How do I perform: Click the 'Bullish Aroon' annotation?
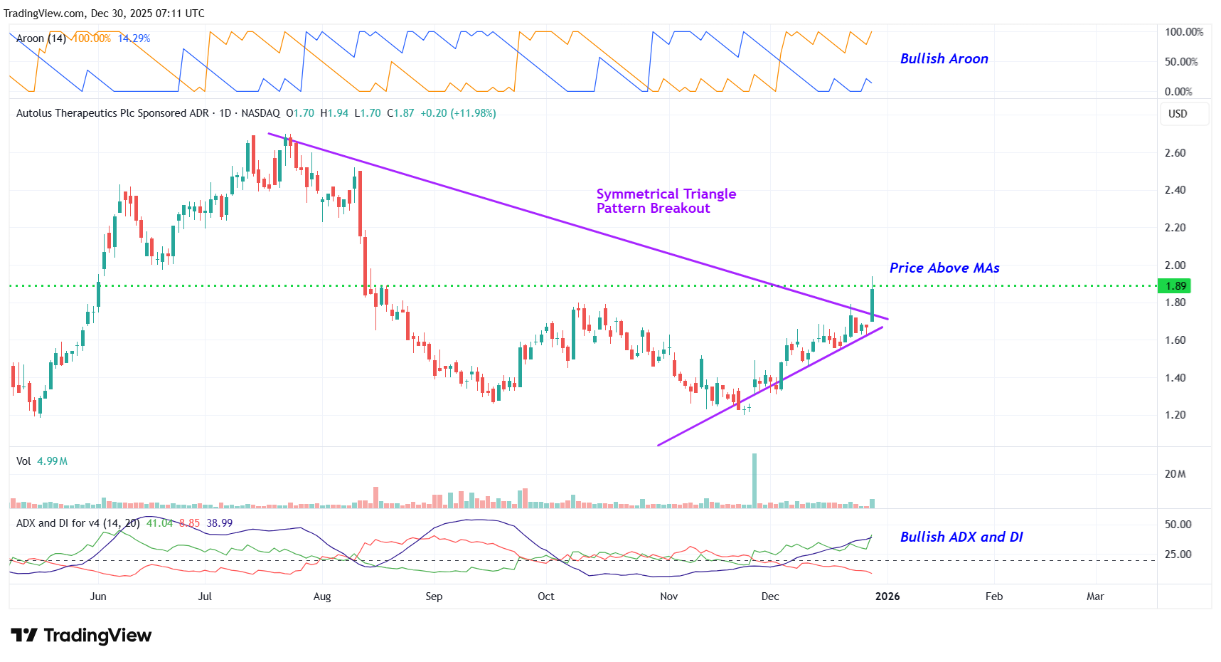coord(944,59)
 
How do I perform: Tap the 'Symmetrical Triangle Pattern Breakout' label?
coord(666,201)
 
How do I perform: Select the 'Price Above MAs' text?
coord(944,268)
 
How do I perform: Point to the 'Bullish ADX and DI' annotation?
coord(961,537)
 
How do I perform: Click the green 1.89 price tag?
coord(1175,286)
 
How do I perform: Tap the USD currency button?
coord(1178,114)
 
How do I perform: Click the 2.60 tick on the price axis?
coord(1175,153)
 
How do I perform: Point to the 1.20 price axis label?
coord(1175,415)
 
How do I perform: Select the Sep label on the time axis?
coord(434,597)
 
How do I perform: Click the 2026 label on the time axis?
coord(887,597)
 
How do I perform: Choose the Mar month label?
coord(1095,597)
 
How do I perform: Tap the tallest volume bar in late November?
coord(755,480)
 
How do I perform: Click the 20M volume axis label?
coord(1175,474)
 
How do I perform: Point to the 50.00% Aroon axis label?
coord(1180,62)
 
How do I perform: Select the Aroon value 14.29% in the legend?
coord(134,38)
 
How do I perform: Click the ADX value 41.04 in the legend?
coord(159,523)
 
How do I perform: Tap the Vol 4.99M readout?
coord(42,461)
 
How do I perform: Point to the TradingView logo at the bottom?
coord(81,635)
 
